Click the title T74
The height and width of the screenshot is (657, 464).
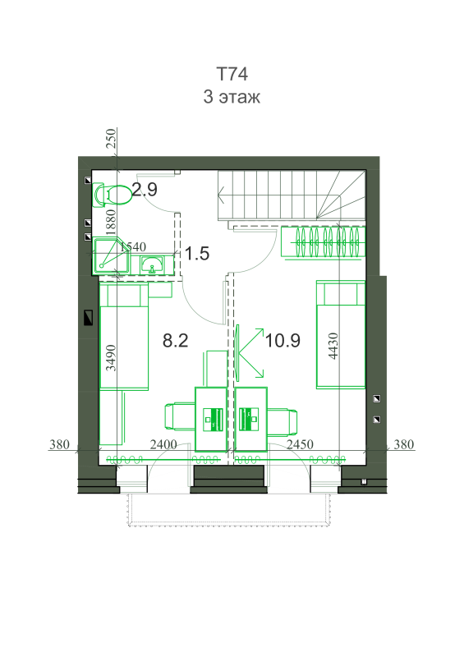click(x=232, y=74)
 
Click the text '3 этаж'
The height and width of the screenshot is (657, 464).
click(x=232, y=97)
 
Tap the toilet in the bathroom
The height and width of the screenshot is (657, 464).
click(x=111, y=195)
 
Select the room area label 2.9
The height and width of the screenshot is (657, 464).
click(x=145, y=190)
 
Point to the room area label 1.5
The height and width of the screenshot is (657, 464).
click(x=197, y=254)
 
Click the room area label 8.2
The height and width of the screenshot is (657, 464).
click(x=175, y=340)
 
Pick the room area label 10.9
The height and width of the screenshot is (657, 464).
click(x=283, y=340)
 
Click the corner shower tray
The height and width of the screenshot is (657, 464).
click(x=112, y=256)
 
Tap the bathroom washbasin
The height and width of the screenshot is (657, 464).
click(x=152, y=264)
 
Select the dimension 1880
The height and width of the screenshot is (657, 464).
click(x=110, y=222)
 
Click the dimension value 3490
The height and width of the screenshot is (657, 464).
click(x=110, y=358)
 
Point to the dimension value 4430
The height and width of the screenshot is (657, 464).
click(x=333, y=346)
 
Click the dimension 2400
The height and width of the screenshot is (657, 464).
click(x=163, y=444)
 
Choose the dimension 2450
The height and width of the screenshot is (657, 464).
click(x=300, y=444)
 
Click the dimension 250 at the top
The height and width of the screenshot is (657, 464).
click(x=110, y=138)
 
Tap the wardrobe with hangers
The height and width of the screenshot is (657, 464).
click(x=323, y=241)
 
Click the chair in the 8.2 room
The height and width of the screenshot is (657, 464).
click(x=180, y=416)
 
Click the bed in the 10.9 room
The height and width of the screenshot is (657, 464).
click(x=340, y=335)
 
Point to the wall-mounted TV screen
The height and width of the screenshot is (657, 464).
click(x=237, y=353)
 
